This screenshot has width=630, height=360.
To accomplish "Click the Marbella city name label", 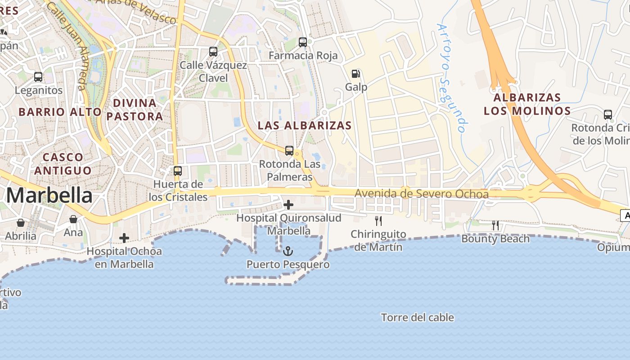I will coord(49,196).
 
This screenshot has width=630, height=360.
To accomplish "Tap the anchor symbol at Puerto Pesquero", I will coord(288,251).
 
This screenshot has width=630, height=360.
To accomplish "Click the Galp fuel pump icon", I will coord(356,74).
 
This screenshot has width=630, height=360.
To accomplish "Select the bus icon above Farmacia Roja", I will coord(303,42).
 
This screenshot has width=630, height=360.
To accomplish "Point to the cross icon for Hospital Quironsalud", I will coord(288,205).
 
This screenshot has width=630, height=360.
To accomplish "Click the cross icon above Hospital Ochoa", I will coord(124,238).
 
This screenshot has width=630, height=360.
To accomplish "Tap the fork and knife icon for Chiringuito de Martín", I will coord(378,221).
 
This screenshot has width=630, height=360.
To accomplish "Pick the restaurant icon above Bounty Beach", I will coord(495,225).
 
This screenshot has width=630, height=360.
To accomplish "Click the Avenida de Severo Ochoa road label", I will coord(421,194).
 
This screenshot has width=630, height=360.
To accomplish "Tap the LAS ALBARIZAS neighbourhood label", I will coord(304,126).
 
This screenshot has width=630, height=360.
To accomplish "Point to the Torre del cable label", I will coord(418,318).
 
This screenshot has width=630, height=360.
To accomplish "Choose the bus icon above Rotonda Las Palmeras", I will coord(289,151).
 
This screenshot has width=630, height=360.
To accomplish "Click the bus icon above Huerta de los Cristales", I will coord(178,171).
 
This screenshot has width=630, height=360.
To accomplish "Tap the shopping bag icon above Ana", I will coord(73,220).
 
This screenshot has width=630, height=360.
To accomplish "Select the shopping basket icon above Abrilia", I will coord(21,223).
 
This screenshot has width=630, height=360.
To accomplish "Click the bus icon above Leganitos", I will coord(38,77).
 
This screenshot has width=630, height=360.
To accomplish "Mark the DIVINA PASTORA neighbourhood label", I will coord(135,110).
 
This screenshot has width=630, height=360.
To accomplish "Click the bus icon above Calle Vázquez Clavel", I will coord(213,52).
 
